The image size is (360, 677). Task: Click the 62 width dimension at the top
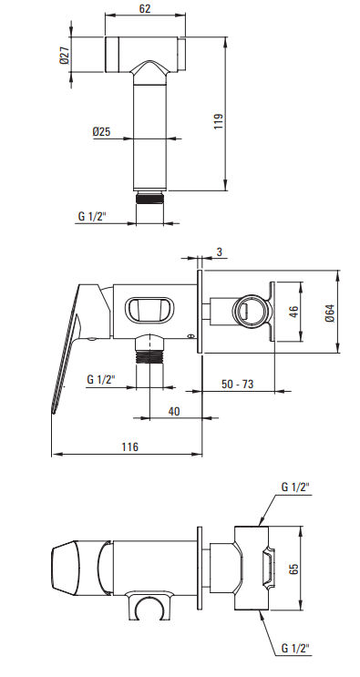(146, 8)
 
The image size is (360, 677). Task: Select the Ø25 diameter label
(101, 131)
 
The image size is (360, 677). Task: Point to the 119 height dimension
(219, 121)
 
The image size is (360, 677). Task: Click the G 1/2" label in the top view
(91, 216)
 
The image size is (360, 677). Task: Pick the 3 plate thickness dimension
(220, 251)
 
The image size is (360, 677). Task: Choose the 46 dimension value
(293, 312)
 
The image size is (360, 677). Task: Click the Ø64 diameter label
(330, 313)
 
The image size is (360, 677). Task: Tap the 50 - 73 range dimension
(237, 384)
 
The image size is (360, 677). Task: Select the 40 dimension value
(174, 411)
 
